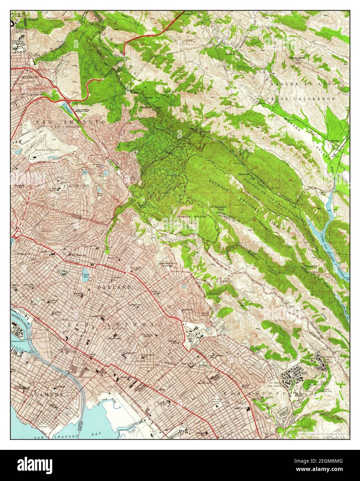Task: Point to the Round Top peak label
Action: [170, 92]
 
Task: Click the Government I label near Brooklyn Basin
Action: [18, 341]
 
